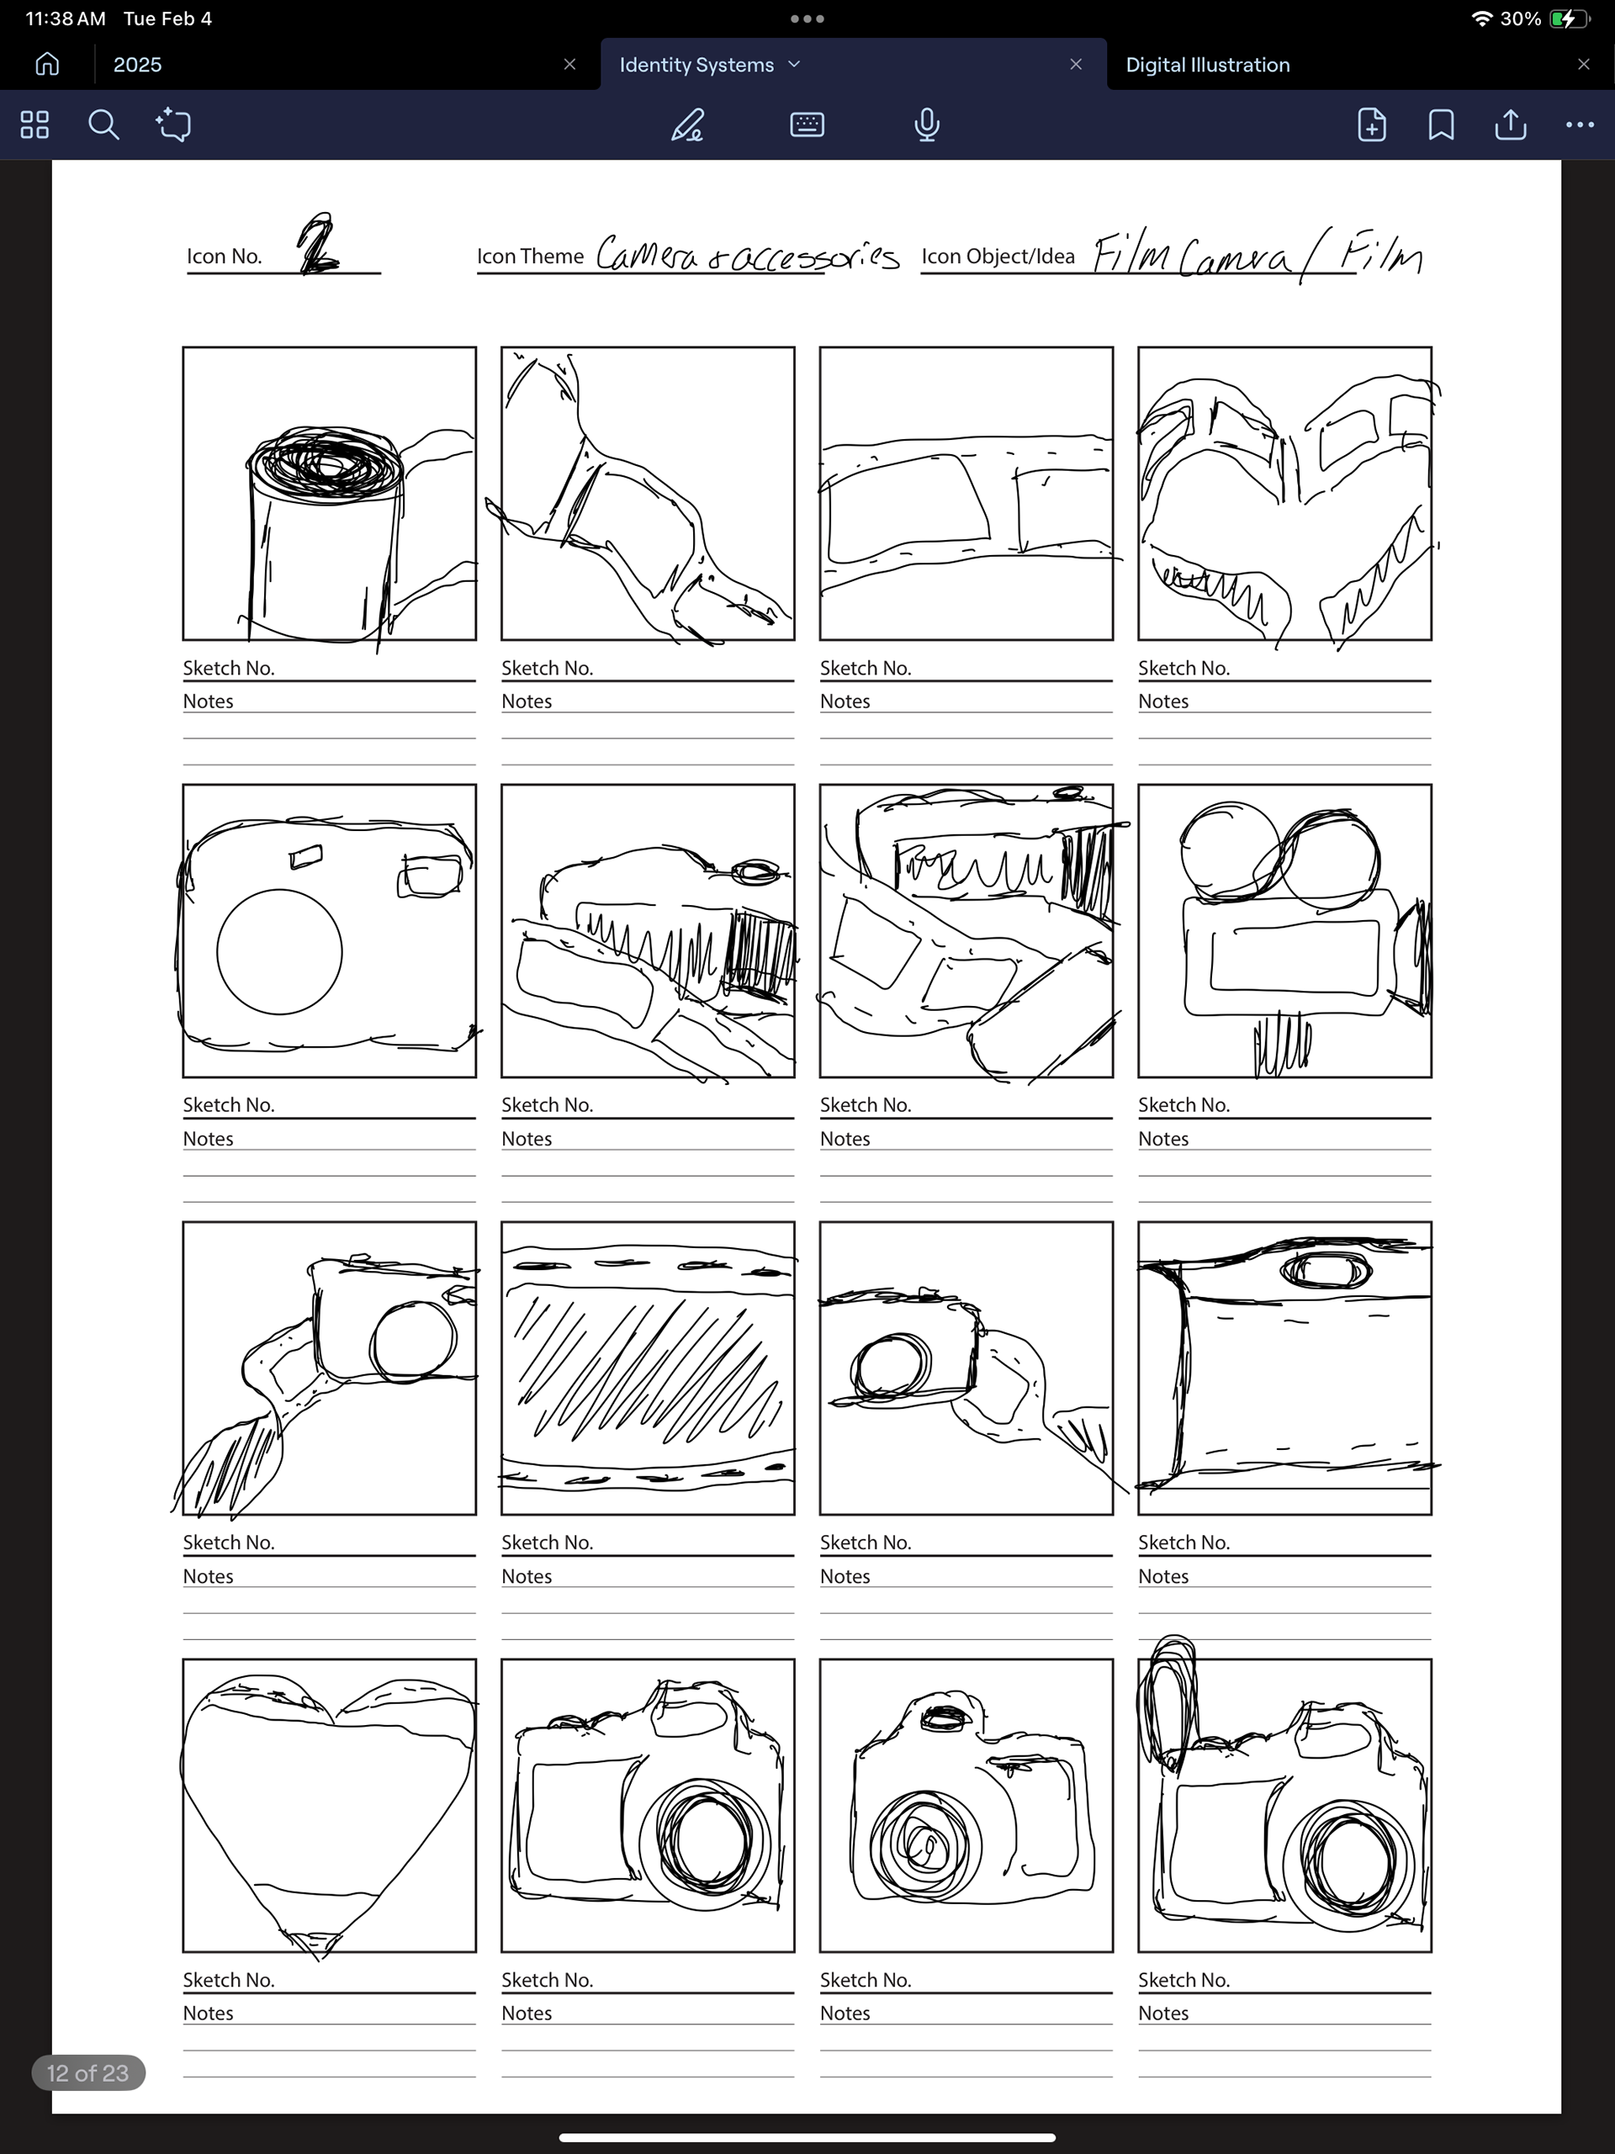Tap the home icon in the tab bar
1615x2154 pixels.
pos(47,64)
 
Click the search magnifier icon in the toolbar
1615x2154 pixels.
pos(103,124)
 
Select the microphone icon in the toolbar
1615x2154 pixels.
pos(927,124)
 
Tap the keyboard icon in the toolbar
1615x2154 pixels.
pos(807,124)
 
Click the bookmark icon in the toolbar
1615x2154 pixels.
pos(1442,124)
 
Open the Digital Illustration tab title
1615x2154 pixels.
pos(1208,64)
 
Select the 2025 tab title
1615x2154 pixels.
pos(137,64)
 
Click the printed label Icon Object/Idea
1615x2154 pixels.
pos(998,256)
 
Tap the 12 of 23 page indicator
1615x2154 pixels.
pos(87,2072)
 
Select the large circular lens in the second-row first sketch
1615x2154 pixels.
pos(279,951)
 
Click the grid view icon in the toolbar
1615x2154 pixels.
pos(34,124)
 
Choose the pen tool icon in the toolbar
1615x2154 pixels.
pos(688,124)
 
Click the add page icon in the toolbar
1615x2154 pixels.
pos(1371,124)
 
